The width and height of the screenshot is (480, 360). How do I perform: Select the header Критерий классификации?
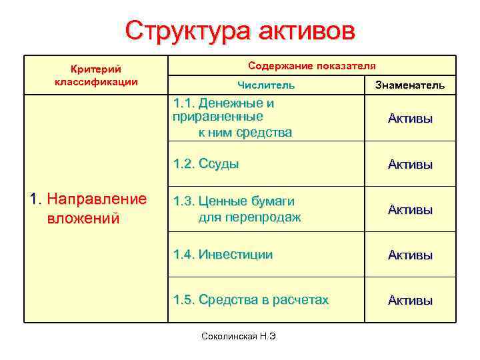pos(95,75)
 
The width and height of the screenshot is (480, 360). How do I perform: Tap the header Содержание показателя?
pos(311,66)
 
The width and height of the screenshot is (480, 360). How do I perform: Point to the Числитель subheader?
pos(266,85)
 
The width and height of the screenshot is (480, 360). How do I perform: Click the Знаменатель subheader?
pos(410,85)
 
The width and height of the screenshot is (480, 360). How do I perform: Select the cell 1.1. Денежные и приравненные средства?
pos(232,118)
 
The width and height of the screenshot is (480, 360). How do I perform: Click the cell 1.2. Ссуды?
pos(206,164)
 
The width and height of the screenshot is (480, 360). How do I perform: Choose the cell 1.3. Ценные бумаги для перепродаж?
pos(237,209)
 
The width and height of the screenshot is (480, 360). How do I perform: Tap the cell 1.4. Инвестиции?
pos(223,255)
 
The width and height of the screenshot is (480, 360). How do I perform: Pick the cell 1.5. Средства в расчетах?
pos(251,300)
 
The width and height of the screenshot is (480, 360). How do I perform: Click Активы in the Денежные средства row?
pos(410,119)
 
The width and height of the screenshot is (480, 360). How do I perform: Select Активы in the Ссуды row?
pos(410,164)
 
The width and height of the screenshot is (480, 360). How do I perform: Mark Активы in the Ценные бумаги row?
pos(410,209)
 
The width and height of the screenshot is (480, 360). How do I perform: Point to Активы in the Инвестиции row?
pos(410,255)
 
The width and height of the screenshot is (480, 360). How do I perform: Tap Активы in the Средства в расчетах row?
pos(410,300)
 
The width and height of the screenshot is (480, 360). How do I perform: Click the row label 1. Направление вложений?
pos(89,209)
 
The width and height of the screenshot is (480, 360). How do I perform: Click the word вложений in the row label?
pos(83,218)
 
